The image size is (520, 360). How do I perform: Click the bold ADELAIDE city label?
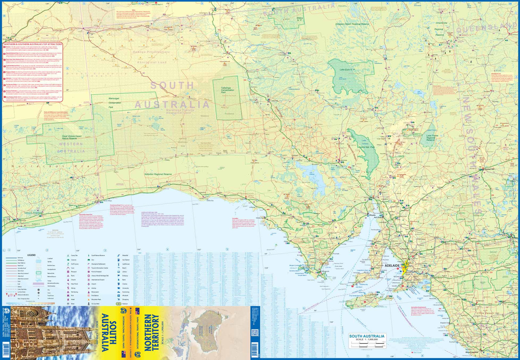(392, 265)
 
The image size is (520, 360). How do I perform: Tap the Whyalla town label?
(372, 215)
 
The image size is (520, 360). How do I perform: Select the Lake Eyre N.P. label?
(347, 70)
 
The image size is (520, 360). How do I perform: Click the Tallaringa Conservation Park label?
(227, 90)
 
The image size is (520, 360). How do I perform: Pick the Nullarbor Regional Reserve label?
(158, 174)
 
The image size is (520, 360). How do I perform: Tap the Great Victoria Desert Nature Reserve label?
(72, 137)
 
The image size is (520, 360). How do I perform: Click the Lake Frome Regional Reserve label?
(432, 137)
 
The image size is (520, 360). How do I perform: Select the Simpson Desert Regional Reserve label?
(352, 24)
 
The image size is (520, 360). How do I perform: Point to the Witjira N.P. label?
(299, 19)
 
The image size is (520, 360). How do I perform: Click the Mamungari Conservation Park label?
(114, 103)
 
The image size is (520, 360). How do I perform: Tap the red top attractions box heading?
(32, 44)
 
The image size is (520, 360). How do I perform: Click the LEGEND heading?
(32, 255)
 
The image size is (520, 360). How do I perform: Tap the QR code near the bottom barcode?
(254, 333)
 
